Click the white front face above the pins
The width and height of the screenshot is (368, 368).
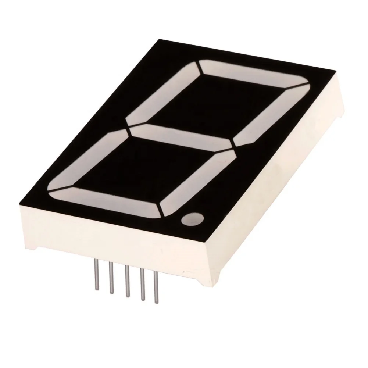(110, 235)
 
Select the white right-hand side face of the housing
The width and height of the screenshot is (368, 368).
(279, 184)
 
